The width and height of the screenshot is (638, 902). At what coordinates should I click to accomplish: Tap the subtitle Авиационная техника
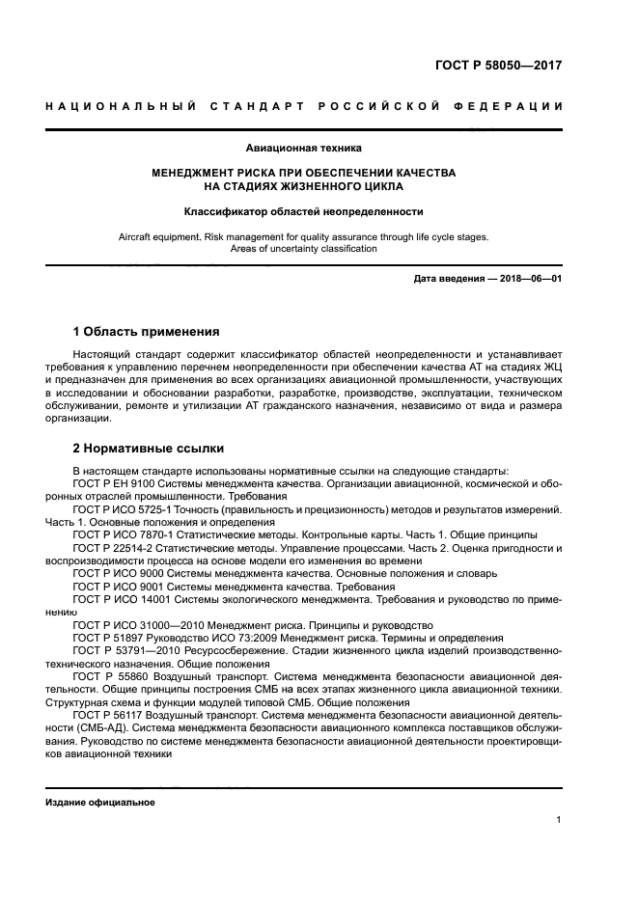tap(304, 149)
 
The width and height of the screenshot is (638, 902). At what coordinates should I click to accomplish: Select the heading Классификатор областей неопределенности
tap(304, 211)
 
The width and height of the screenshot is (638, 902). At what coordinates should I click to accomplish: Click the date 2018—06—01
tap(530, 279)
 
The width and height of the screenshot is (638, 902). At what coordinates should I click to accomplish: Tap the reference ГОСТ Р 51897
tap(108, 639)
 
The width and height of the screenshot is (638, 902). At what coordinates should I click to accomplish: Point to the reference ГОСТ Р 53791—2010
tap(126, 651)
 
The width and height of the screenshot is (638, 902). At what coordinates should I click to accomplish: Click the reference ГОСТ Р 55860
tap(110, 677)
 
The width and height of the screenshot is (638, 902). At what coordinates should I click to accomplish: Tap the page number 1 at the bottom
tap(559, 820)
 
